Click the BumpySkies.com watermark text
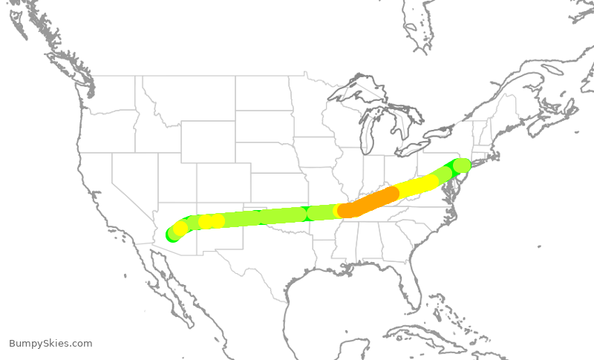tap(50, 343)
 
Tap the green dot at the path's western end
tap(173, 235)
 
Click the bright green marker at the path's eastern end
tap(462, 165)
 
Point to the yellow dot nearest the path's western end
tap(180, 228)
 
